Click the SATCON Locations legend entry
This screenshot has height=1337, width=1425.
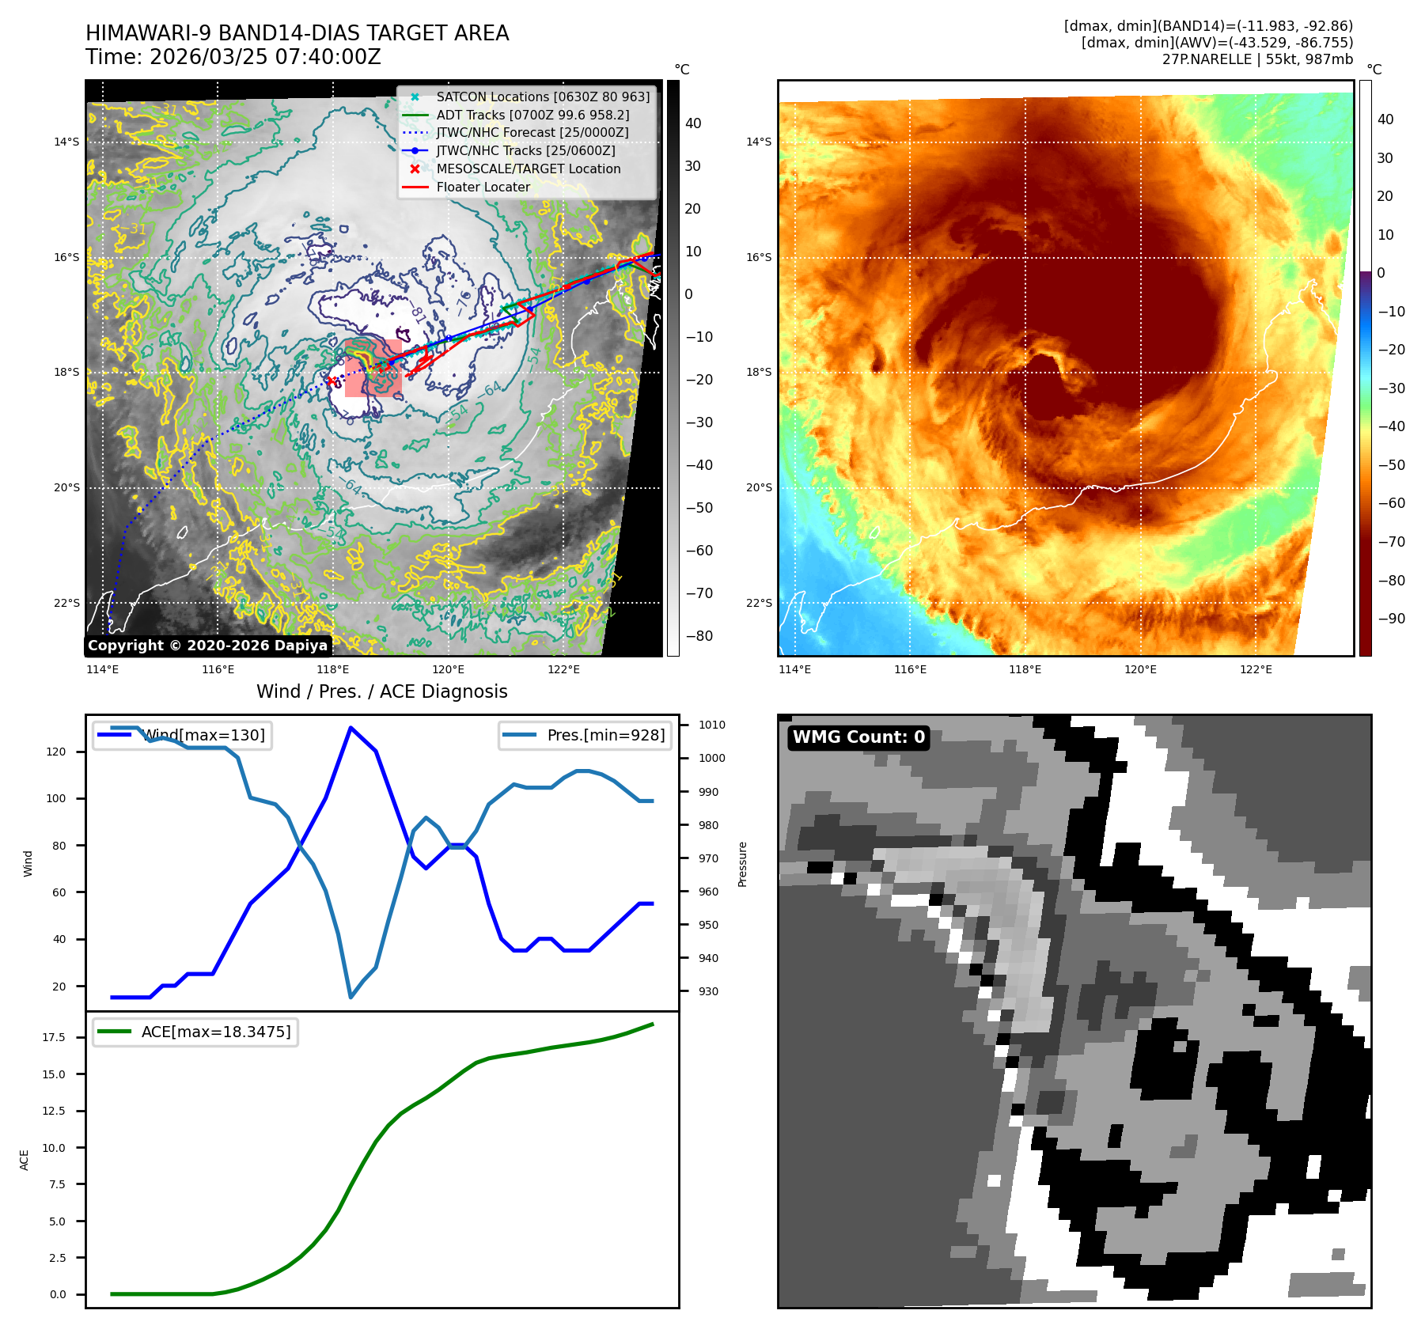point(543,97)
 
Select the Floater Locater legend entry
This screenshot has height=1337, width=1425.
point(483,187)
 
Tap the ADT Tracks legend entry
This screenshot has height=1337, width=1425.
point(532,116)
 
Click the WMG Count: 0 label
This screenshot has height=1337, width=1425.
point(858,737)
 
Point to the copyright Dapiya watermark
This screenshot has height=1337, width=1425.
point(207,646)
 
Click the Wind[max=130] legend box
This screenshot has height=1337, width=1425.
point(182,736)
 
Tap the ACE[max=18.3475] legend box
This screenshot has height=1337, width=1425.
point(195,1032)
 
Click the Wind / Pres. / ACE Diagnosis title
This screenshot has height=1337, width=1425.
point(382,691)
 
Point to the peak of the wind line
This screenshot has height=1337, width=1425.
point(351,728)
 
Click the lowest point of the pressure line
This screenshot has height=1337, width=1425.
point(351,997)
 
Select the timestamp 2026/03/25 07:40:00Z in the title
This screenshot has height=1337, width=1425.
point(265,58)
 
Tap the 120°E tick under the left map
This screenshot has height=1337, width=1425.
point(448,670)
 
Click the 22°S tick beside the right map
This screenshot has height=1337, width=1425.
point(759,603)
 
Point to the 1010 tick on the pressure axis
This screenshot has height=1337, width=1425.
point(712,725)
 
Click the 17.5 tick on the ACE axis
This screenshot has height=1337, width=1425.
point(54,1037)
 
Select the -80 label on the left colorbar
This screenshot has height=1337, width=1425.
point(699,636)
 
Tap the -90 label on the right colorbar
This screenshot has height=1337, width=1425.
point(1391,619)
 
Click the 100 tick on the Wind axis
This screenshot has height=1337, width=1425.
point(56,798)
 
